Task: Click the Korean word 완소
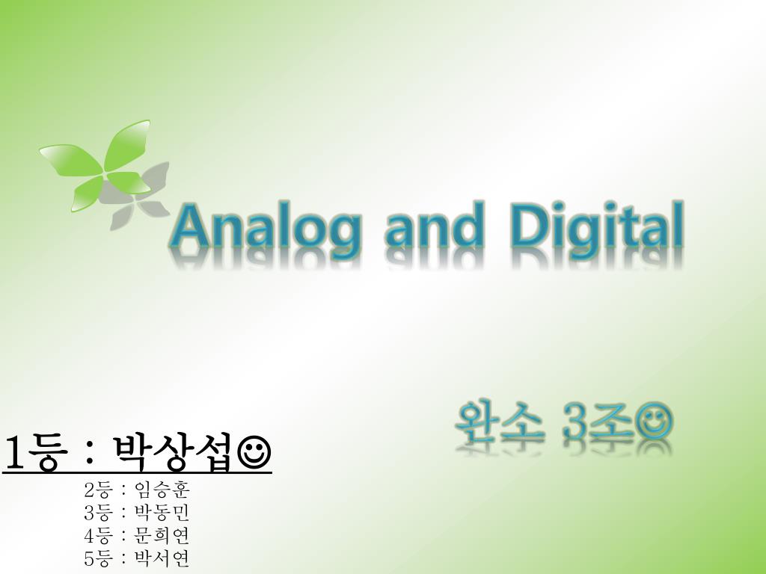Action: (499, 422)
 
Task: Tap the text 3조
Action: (598, 422)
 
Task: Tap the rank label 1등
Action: (36, 454)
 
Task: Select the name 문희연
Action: (162, 535)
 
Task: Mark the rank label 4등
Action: (98, 535)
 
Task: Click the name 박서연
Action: (162, 558)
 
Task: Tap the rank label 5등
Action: (98, 558)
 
